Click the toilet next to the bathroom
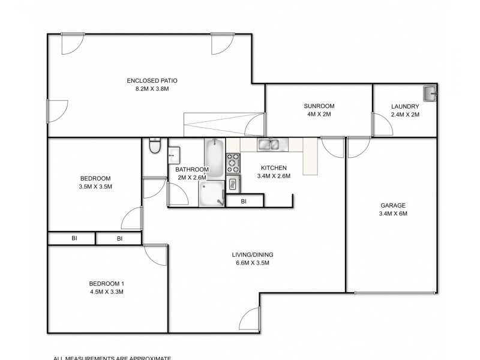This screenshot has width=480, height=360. coord(155,146)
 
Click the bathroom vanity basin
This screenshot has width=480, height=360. coord(174,155)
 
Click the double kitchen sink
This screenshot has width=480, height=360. coord(268,144)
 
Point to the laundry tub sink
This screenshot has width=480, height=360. coord(430,93)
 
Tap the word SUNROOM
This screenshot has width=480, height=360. coord(319,106)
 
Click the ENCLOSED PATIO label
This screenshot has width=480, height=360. coord(152,80)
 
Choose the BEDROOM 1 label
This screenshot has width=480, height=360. coord(106,283)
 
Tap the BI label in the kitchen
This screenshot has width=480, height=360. coord(244,202)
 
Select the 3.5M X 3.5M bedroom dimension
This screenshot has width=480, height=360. coord(96,187)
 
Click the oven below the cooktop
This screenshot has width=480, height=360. coord(233,184)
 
